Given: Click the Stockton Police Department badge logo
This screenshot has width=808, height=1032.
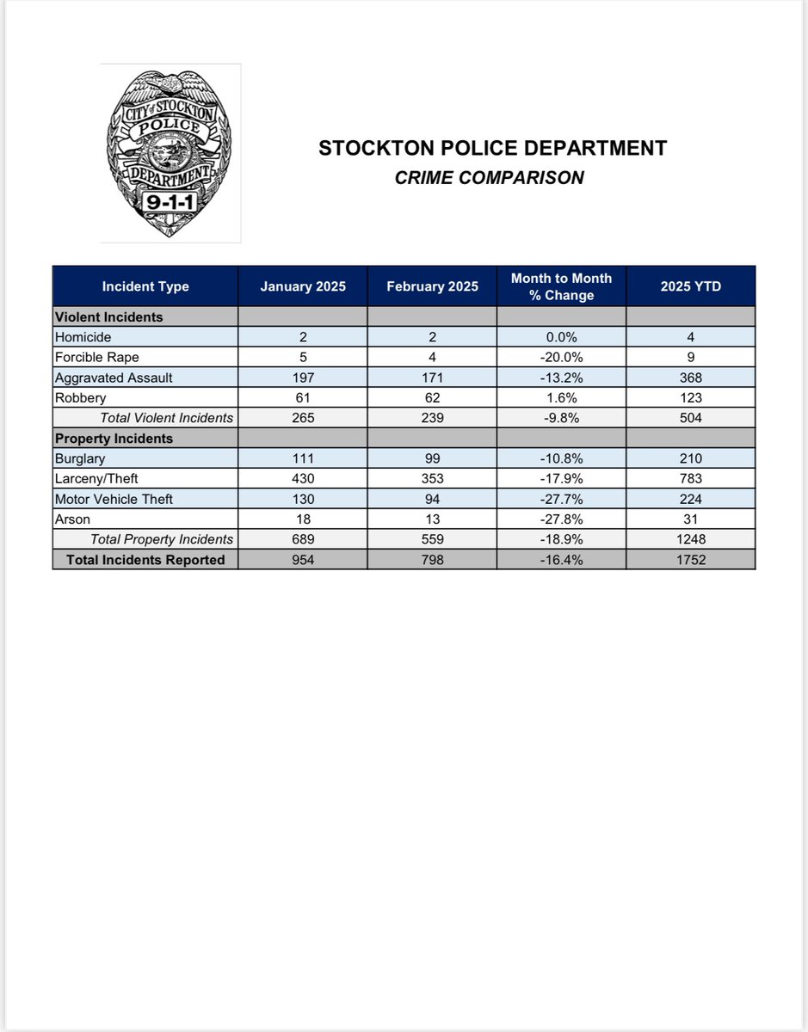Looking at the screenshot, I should (169, 153).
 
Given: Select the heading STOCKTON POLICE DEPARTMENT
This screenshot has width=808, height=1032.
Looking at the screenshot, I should (492, 149).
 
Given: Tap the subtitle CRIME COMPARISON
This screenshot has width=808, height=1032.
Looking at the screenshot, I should (489, 178).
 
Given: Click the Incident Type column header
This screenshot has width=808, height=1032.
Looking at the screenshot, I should (145, 286).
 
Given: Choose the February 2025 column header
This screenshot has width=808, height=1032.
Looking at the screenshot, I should (432, 286).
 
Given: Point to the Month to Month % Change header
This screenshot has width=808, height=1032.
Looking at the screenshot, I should (561, 286).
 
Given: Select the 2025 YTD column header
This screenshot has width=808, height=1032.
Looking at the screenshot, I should (690, 286).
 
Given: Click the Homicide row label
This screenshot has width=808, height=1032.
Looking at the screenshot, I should (83, 338).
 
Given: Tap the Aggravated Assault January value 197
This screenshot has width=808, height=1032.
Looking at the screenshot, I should (303, 378).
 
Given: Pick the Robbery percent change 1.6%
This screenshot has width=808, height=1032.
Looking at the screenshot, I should (561, 398).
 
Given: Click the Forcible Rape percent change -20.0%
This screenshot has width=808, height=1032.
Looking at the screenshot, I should (561, 358).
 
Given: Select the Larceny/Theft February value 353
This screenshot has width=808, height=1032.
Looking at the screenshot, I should (432, 479).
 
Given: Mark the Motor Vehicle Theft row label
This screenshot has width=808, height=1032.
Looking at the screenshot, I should (113, 499).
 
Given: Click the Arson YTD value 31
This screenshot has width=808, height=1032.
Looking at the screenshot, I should (690, 519).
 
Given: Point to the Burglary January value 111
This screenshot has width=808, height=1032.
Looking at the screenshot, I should (303, 458).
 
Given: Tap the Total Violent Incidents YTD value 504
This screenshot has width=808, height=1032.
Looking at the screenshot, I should (690, 418).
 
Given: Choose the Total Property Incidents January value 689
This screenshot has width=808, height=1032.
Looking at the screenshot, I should (303, 539).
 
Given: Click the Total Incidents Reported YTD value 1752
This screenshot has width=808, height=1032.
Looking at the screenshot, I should (690, 560).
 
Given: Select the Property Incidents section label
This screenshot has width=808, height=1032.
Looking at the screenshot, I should (114, 439).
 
